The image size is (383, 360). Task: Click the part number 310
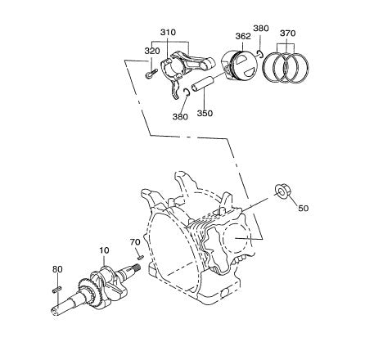tap(168, 33)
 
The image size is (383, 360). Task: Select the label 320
tap(151, 50)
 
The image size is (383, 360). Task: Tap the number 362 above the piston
tap(243, 37)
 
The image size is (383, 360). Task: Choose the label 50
tap(303, 209)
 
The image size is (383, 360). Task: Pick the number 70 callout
tap(136, 242)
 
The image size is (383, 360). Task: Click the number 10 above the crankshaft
tap(104, 250)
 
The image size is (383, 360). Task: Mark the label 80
tap(57, 269)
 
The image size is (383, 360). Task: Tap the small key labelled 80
tap(57, 287)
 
